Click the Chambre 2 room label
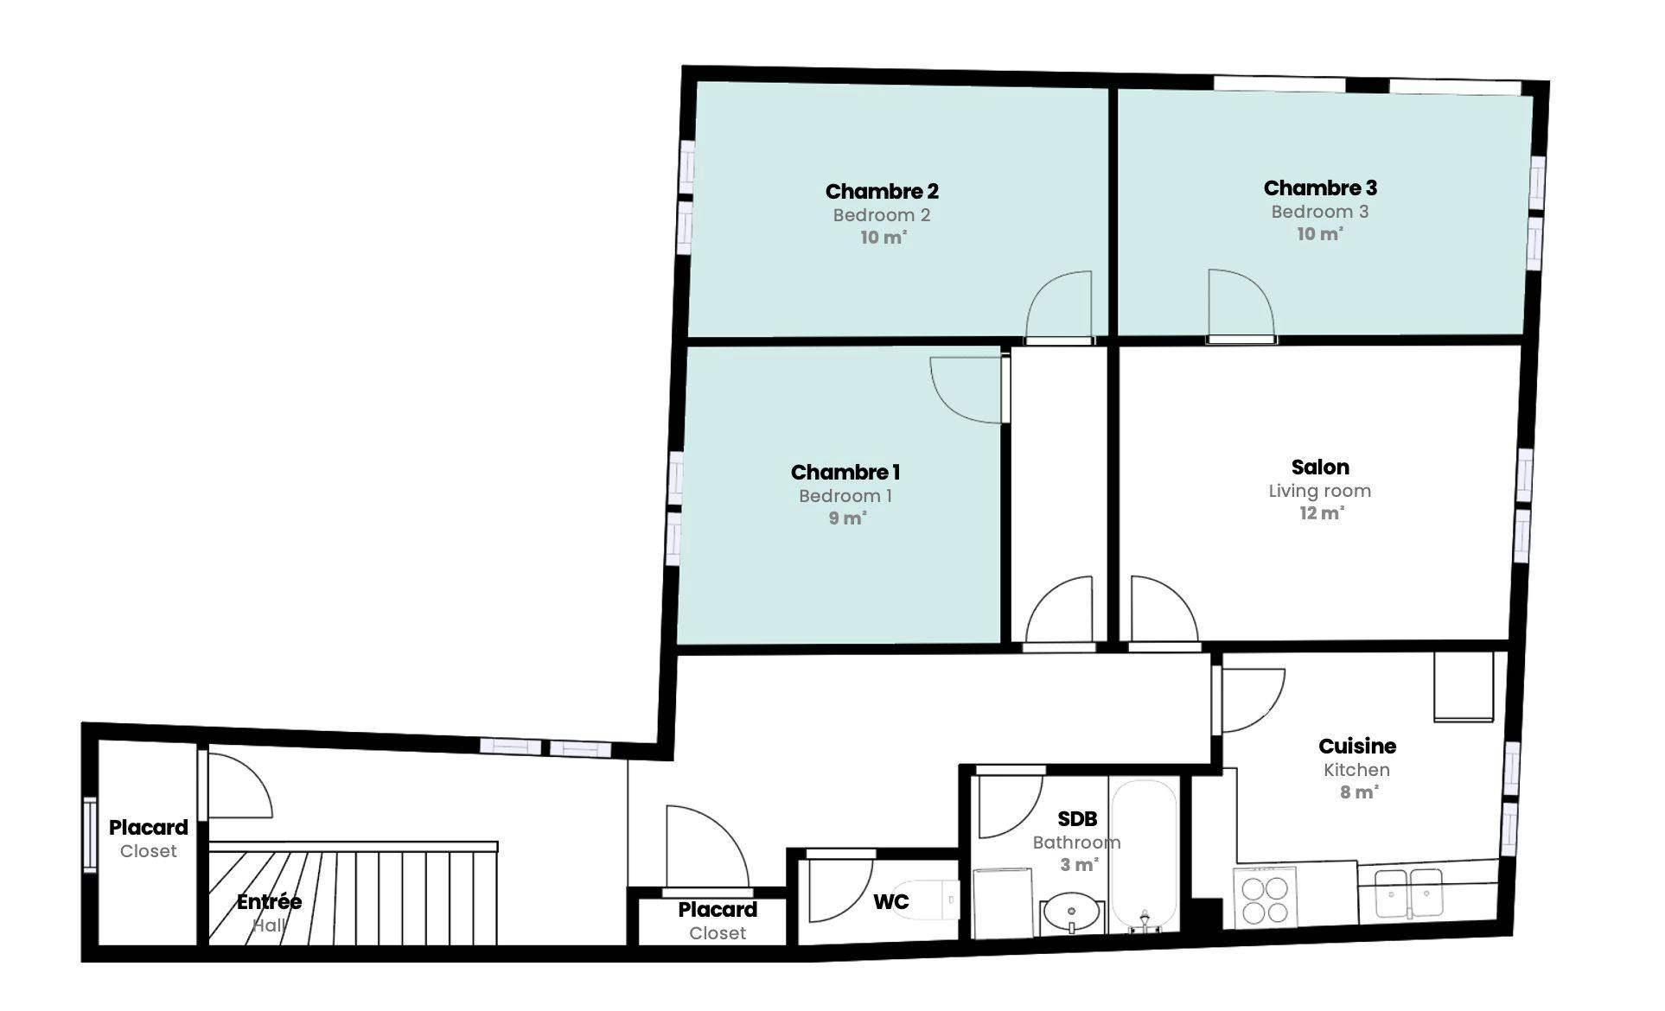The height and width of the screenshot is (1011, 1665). tap(882, 191)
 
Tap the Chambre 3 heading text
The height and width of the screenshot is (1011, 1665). tap(1320, 188)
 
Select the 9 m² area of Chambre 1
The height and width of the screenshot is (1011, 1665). tap(847, 518)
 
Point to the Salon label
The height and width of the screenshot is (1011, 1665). tap(1320, 467)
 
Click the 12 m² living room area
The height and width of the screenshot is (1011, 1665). tap(1321, 513)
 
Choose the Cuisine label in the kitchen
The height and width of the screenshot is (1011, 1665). tap(1357, 746)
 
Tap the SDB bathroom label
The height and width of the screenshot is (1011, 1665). tap(1077, 818)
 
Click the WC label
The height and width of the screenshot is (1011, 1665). tap(890, 902)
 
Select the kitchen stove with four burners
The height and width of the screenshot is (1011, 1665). tap(1266, 899)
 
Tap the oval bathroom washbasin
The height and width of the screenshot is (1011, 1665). tap(1072, 911)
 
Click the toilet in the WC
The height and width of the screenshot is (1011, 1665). tap(925, 900)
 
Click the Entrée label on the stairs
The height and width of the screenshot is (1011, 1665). tap(270, 902)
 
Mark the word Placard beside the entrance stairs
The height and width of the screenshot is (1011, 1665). tap(148, 828)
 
